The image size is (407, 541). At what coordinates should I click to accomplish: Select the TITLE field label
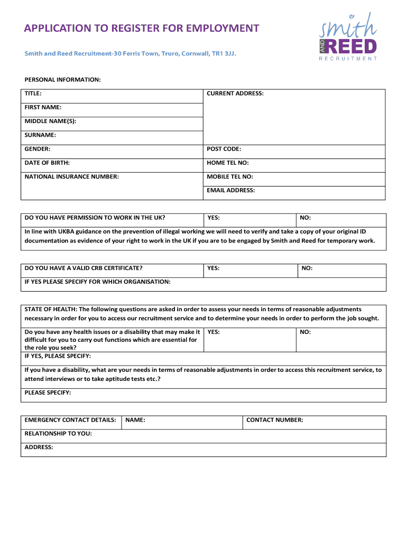(33, 94)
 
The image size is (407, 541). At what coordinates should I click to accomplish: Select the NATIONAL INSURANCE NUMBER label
(72, 176)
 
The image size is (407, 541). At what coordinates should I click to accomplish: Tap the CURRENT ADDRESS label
(235, 94)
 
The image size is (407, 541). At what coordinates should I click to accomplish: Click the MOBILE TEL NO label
(229, 176)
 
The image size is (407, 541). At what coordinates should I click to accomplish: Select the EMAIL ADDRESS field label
(230, 190)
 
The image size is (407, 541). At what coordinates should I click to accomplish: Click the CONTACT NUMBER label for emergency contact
(275, 420)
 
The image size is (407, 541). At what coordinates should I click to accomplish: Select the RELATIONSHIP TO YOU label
(58, 433)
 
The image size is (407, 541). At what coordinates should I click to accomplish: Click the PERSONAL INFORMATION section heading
(62, 79)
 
